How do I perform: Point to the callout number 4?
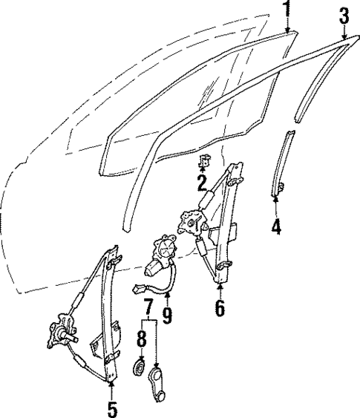[x=276, y=226]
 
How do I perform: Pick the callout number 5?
[x=113, y=408]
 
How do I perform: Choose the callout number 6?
[x=220, y=307]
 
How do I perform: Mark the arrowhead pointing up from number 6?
[x=220, y=284]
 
